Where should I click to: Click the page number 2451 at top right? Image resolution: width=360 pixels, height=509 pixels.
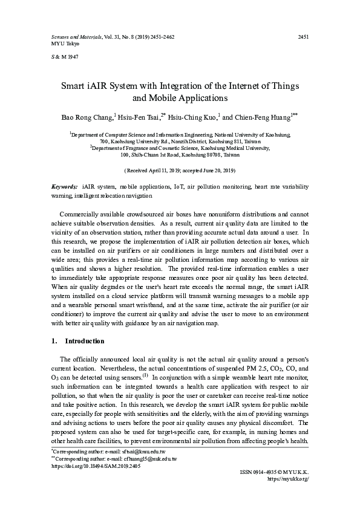(304, 37)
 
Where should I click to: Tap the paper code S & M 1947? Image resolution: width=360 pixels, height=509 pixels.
(62, 57)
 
